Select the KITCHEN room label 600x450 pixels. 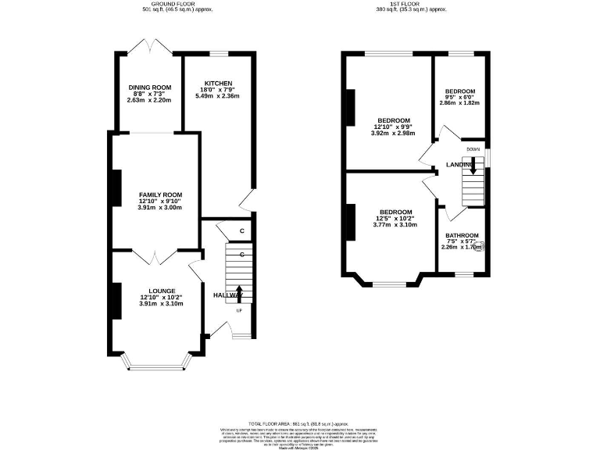point(218,83)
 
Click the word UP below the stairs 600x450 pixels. point(239,310)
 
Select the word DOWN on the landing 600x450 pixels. point(473,148)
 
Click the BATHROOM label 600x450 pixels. point(462,235)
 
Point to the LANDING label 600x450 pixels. point(459,165)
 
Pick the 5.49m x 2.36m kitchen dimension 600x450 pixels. point(218,96)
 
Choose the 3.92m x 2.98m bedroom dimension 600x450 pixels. point(395,133)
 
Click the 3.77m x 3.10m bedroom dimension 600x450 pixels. point(395,225)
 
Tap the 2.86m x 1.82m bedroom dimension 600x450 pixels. point(459,103)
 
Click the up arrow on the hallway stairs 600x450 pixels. point(239,294)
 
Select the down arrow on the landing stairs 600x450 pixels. point(473,162)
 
